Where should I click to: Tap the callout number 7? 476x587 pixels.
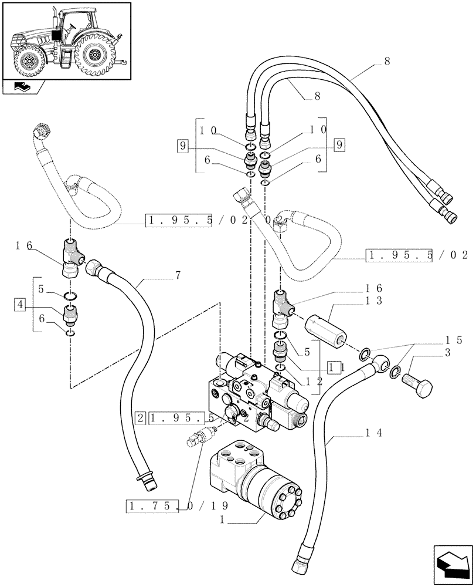click(x=177, y=275)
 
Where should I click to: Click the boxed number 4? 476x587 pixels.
click(x=21, y=304)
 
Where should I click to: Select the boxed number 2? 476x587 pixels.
click(x=140, y=419)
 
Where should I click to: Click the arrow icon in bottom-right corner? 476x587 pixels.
click(x=452, y=565)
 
